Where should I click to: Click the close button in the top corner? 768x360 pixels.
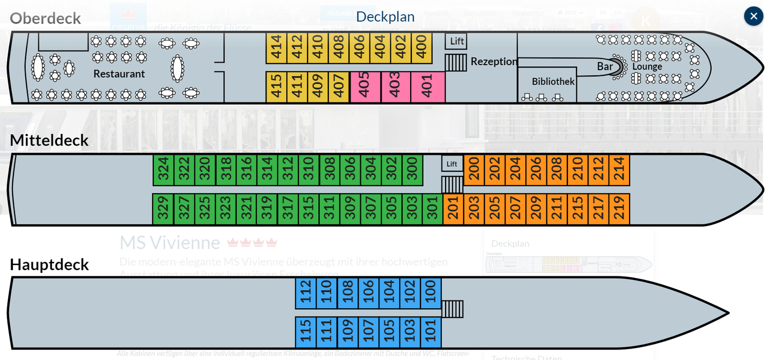click(753, 16)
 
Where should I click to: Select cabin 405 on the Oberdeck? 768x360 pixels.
click(365, 87)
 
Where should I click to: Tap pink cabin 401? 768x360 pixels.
click(427, 87)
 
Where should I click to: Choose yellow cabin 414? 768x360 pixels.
click(276, 48)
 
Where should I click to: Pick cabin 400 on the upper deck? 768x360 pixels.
click(421, 48)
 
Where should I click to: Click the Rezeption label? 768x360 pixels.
click(494, 62)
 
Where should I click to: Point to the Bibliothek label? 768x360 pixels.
click(553, 82)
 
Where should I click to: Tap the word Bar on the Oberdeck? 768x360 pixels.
click(604, 67)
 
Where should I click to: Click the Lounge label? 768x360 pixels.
click(647, 67)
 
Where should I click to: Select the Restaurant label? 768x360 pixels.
click(119, 74)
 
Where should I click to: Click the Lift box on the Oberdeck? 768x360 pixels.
click(456, 42)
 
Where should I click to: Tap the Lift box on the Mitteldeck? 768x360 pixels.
click(452, 164)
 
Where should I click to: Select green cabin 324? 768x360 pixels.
click(164, 170)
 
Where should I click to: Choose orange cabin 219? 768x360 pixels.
click(619, 209)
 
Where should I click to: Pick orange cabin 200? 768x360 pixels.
click(474, 170)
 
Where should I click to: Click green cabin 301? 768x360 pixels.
click(432, 209)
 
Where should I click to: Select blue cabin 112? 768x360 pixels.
click(306, 293)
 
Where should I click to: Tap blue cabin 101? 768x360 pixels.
click(431, 332)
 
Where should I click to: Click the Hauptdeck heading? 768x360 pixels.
click(49, 265)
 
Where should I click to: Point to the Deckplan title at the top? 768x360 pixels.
click(385, 16)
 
